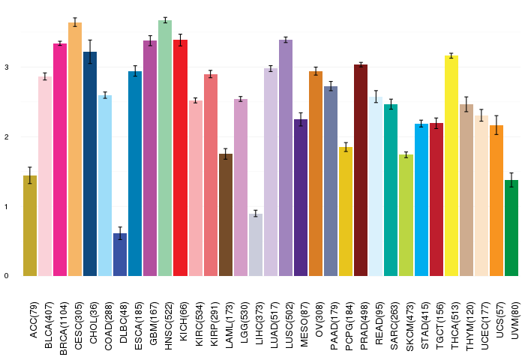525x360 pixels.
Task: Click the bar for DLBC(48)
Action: [x=120, y=254]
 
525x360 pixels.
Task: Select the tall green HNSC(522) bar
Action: [x=165, y=148]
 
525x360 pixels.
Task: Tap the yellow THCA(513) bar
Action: [x=451, y=166]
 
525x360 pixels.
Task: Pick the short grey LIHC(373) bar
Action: [x=256, y=244]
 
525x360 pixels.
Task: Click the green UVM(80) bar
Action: [x=511, y=228]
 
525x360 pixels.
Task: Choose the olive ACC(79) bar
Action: [x=30, y=226]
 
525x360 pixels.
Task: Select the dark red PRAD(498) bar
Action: [x=361, y=170]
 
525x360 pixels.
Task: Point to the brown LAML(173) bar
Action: [x=226, y=215]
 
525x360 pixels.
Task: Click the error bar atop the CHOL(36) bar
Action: [x=90, y=52]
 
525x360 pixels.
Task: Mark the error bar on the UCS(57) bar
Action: [x=496, y=125]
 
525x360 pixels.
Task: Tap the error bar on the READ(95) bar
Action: [x=376, y=97]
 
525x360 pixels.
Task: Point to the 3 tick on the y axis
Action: [x=7, y=67]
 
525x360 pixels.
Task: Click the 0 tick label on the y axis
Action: [x=7, y=276]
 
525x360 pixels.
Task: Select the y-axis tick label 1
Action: [x=7, y=206]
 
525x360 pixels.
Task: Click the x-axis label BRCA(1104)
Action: [x=63, y=328]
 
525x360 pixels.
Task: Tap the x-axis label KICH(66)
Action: [x=184, y=322]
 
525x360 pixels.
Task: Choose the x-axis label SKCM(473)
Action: [x=409, y=326]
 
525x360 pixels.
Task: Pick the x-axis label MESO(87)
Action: [x=304, y=324]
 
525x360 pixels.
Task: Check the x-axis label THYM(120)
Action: [x=469, y=326]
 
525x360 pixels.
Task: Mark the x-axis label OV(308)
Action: [x=319, y=319]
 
